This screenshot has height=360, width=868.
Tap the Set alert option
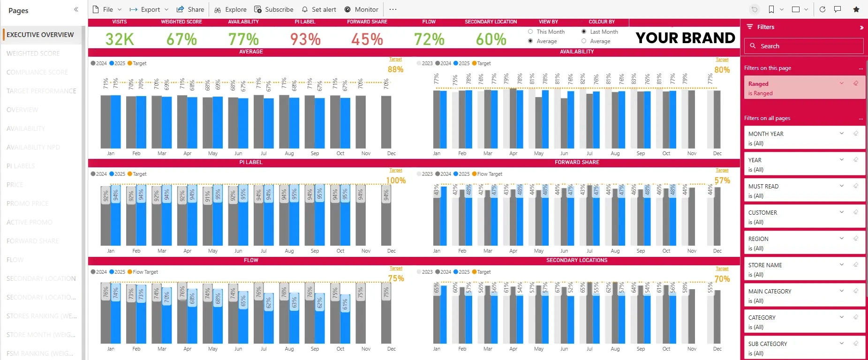[319, 9]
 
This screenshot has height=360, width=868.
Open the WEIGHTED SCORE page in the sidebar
[33, 53]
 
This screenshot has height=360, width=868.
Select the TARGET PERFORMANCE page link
[41, 91]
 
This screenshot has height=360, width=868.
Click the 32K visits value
[120, 39]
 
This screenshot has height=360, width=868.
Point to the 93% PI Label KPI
[305, 39]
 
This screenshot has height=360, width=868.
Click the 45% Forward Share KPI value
[367, 39]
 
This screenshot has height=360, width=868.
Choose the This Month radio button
[530, 32]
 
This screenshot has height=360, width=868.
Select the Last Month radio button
[584, 32]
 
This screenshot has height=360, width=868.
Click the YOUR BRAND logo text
[685, 38]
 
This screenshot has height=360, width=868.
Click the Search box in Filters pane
[804, 46]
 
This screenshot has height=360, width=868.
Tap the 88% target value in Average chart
[395, 69]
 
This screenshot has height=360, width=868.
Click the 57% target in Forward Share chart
[722, 180]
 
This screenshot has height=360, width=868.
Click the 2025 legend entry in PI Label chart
[117, 174]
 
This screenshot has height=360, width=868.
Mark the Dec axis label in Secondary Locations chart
[717, 349]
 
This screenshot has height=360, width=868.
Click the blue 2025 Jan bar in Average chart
[115, 122]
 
